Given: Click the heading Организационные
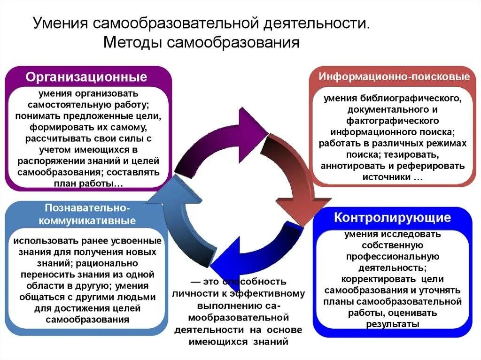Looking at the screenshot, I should coord(86,77).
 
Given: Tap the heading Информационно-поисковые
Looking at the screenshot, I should coord(395,77).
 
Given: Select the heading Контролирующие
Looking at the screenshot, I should coord(393,218).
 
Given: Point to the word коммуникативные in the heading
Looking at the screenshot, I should coord(87,221).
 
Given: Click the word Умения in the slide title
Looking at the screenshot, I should coord(60,23).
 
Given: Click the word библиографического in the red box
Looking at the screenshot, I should coord(413,99).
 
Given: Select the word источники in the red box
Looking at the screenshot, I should coord(386,177).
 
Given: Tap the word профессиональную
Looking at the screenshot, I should coord(392,256).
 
